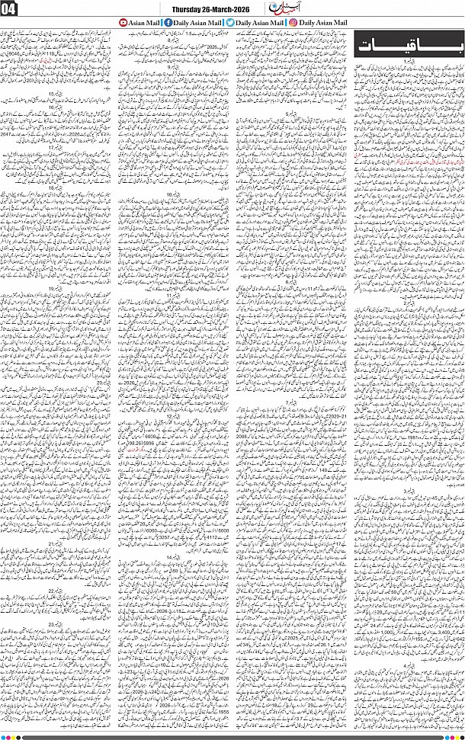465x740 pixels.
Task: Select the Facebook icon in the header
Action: [168, 24]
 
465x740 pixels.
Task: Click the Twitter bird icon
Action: [229, 24]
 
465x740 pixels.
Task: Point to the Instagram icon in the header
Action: [293, 24]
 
